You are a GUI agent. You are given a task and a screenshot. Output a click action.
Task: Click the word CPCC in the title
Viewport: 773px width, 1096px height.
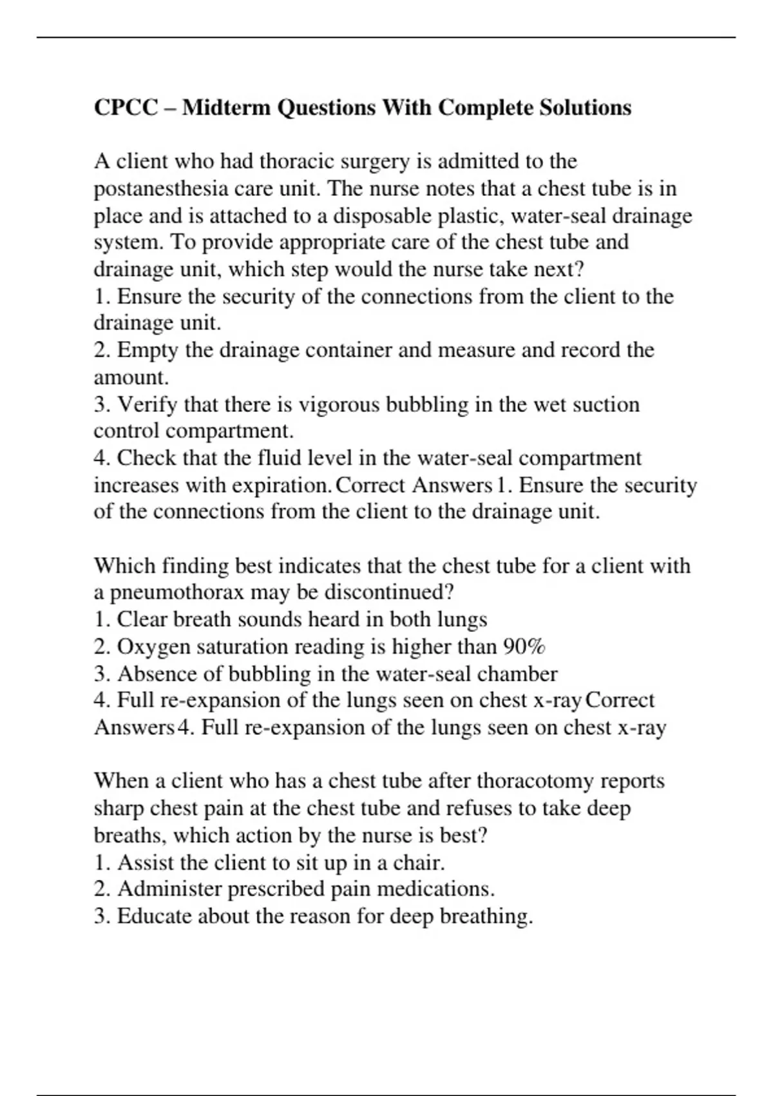point(126,107)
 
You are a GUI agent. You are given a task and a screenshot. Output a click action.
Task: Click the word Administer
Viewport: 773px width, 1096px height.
point(169,889)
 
